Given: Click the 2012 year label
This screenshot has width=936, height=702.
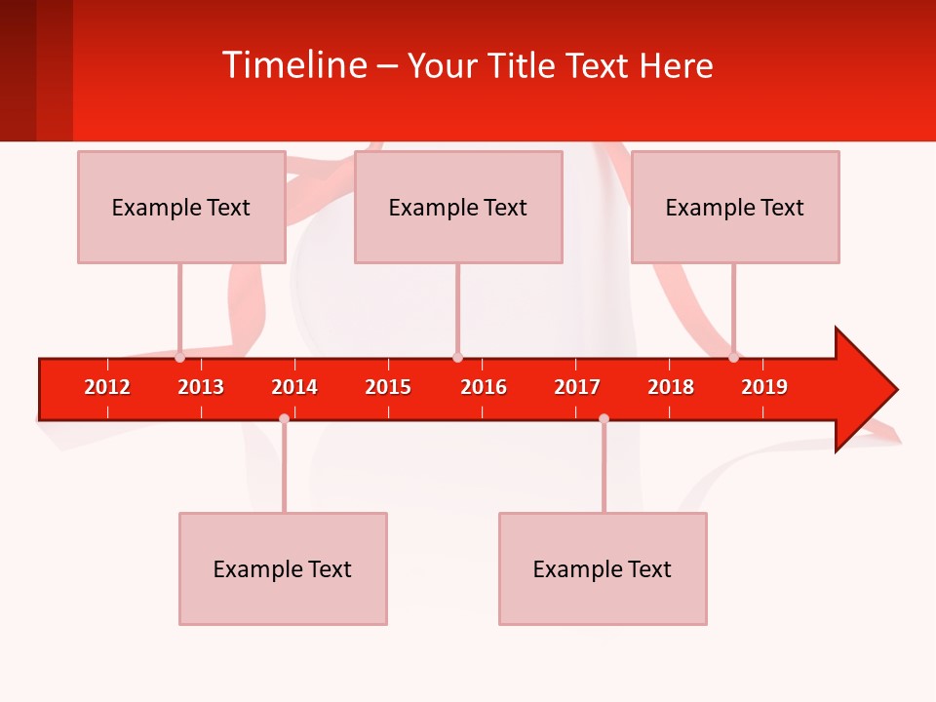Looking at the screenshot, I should tap(107, 387).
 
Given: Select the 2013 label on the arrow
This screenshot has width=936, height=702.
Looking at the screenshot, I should tap(201, 387).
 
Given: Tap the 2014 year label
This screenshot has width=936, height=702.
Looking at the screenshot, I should tap(294, 387).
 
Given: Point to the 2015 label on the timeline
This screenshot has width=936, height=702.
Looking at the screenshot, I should tap(388, 387).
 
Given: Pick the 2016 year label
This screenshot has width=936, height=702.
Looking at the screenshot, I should tap(484, 387).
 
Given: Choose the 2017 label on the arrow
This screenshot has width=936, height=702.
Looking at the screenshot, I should tap(577, 387).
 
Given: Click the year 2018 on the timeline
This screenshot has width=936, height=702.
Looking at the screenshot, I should tap(671, 387).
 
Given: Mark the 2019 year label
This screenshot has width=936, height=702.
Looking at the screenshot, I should tap(764, 387).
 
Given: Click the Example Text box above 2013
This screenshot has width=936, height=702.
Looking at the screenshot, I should tap(181, 207).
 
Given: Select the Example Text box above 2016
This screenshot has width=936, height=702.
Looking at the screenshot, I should tap(458, 207).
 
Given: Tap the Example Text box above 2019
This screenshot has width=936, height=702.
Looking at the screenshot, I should tap(735, 207).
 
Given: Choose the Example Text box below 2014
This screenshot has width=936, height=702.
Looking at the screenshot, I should tap(283, 568).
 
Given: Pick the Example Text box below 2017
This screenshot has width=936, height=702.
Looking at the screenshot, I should tap(603, 568).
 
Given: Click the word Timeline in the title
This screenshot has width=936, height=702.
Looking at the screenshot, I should tap(293, 65).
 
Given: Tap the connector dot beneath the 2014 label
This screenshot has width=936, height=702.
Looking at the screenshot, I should tap(284, 418).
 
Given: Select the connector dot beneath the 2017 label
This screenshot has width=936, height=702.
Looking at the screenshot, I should tap(604, 418).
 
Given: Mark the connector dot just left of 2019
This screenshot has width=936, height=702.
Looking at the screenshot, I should tap(734, 358).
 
